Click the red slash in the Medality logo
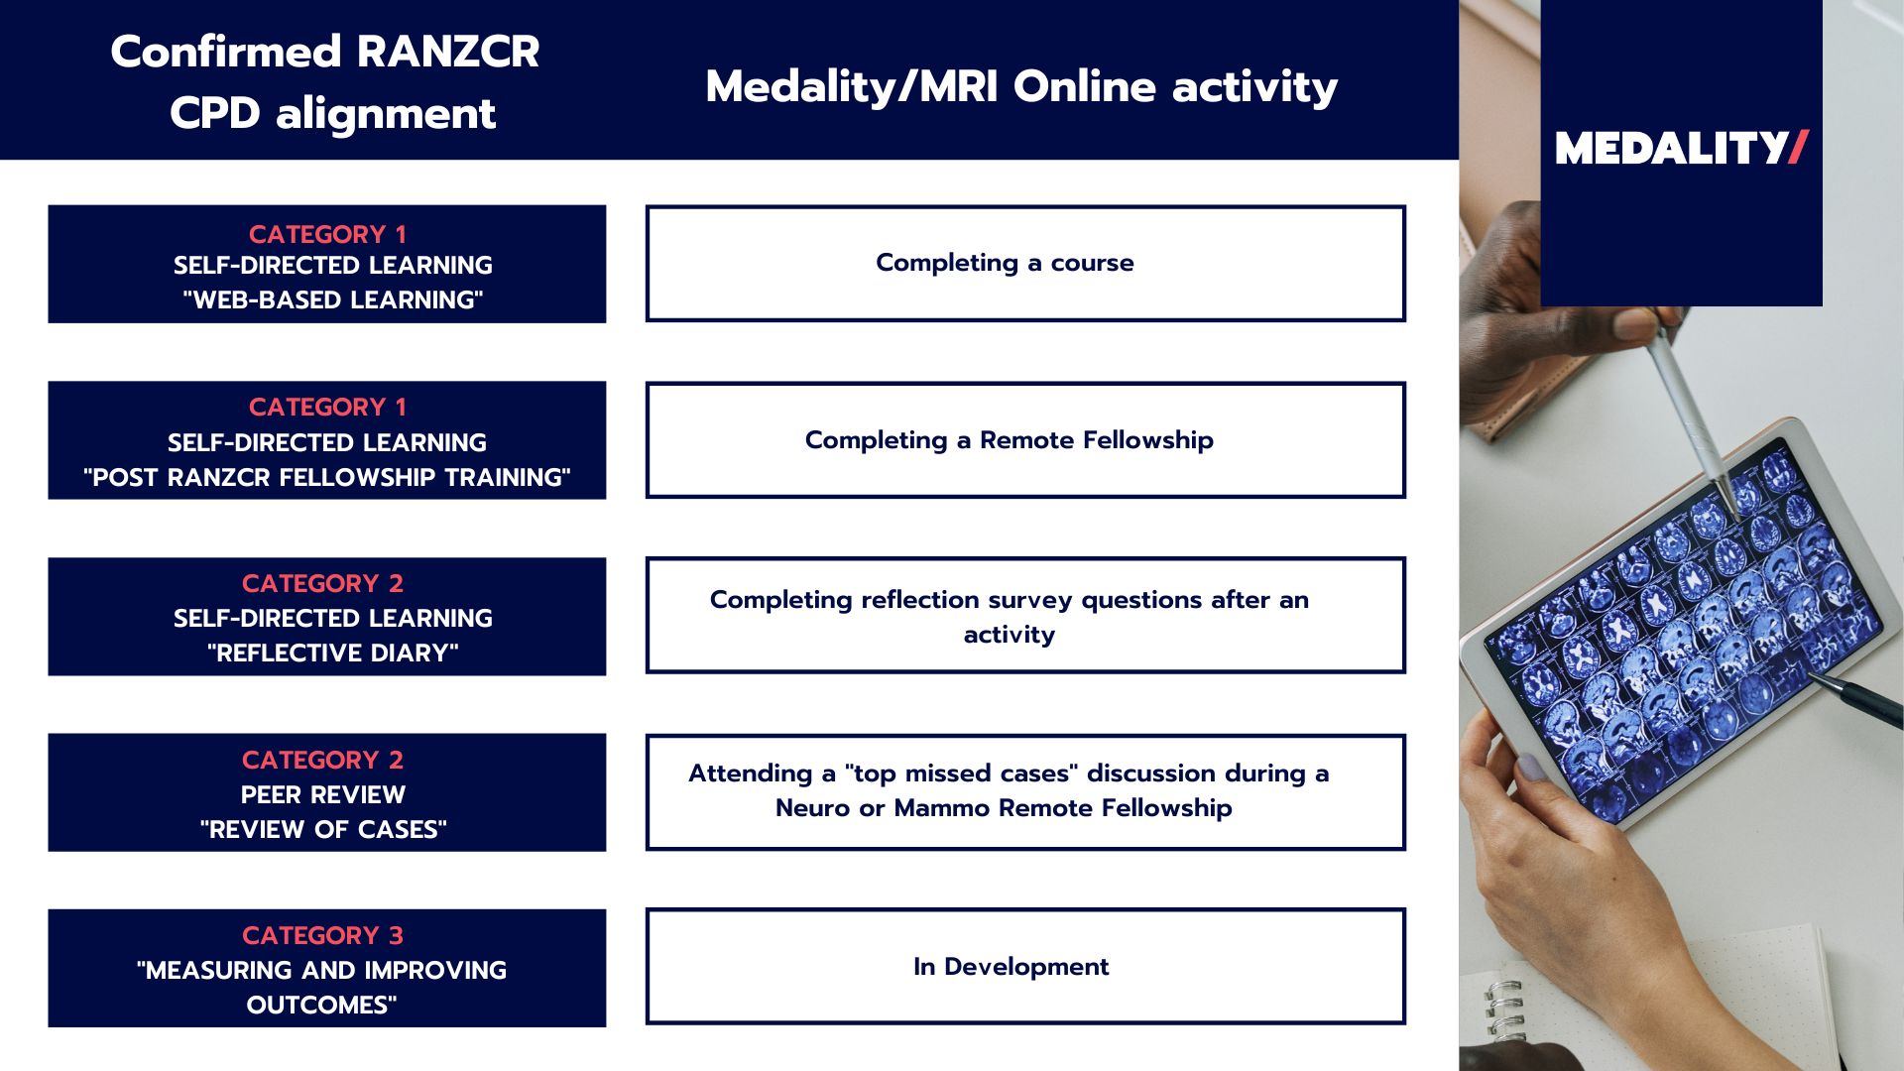1798,148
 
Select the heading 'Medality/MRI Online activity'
1021,86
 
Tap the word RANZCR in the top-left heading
447,52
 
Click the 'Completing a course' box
1024,263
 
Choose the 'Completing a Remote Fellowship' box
1024,439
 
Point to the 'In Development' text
1011,966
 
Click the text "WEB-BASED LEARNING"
332,299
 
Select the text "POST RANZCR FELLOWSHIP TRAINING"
326,477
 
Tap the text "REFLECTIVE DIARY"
332,653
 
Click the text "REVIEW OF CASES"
323,829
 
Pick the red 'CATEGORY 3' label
322,935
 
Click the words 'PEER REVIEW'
323,794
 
